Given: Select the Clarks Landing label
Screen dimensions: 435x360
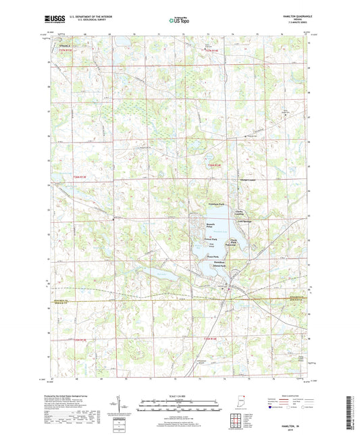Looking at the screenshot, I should click(x=240, y=211).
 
